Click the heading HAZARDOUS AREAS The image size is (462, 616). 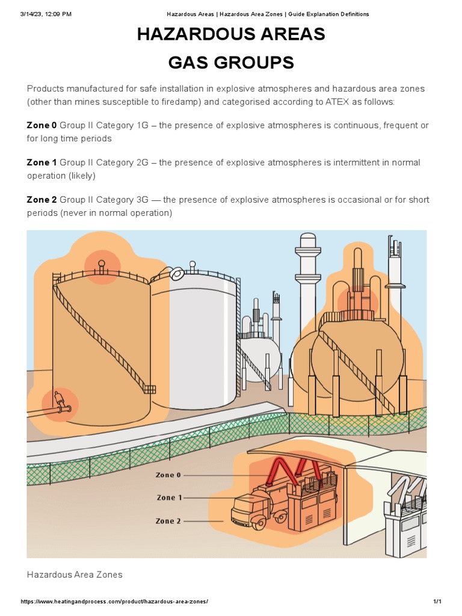click(x=231, y=35)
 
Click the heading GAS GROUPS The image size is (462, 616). click(x=231, y=62)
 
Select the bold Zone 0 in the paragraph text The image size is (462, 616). click(x=42, y=125)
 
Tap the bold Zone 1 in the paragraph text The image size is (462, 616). click(x=42, y=162)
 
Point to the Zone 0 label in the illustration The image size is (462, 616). click(x=168, y=475)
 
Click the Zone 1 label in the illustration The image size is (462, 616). click(x=169, y=497)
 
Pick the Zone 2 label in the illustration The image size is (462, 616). click(x=168, y=521)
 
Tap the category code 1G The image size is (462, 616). click(x=142, y=125)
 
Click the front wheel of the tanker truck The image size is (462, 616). click(x=259, y=522)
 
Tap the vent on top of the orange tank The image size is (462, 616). click(x=101, y=265)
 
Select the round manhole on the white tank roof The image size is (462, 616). click(x=177, y=274)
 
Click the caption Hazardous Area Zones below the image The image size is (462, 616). click(x=75, y=574)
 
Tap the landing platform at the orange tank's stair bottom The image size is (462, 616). click(x=150, y=389)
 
